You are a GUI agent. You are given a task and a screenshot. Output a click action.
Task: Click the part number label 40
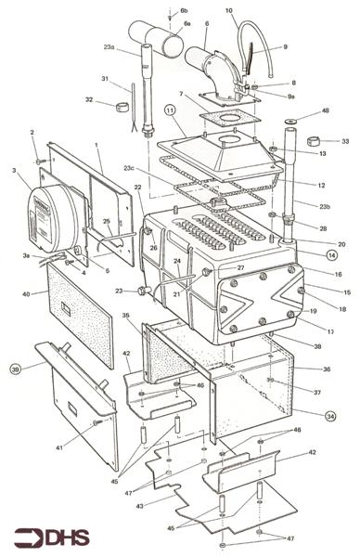pyautogui.click(x=27, y=293)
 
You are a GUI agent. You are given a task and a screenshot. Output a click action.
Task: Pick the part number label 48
pyautogui.click(x=324, y=110)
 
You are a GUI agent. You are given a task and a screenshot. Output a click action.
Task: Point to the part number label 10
pyautogui.click(x=229, y=10)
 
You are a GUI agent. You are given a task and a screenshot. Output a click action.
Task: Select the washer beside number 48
pyautogui.click(x=294, y=121)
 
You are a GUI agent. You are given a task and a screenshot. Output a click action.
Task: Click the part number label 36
pyautogui.click(x=325, y=369)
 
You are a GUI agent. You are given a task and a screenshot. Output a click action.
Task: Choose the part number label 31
pyautogui.click(x=105, y=79)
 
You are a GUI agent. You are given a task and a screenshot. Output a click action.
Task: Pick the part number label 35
pyautogui.click(x=125, y=317)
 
